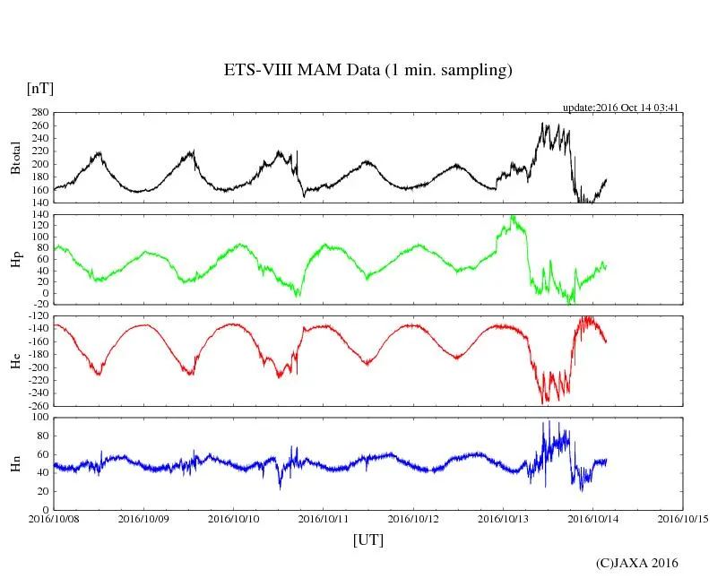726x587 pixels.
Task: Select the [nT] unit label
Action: point(40,89)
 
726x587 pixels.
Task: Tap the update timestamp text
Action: point(619,108)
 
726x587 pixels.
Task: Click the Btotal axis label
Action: point(15,158)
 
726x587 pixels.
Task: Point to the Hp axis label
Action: point(15,259)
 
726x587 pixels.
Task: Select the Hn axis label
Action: point(15,463)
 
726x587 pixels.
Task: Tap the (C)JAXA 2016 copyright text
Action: point(637,563)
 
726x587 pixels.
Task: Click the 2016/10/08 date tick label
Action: point(54,519)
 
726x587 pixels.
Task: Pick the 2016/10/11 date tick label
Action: point(324,519)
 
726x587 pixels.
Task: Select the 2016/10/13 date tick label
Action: point(503,519)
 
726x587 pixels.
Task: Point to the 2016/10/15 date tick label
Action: point(682,519)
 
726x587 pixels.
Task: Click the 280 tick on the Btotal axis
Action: point(39,113)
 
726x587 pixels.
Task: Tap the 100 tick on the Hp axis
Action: point(39,237)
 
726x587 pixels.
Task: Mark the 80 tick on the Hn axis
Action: point(41,436)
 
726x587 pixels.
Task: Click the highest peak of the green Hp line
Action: point(512,216)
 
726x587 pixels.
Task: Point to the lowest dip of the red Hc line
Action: point(543,402)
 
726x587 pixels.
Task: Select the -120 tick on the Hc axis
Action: point(37,317)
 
